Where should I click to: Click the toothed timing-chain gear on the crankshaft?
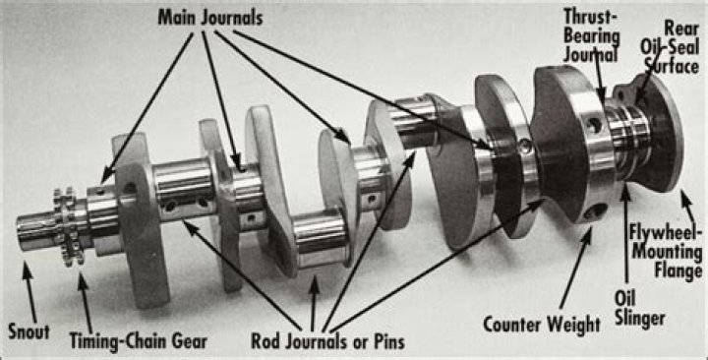(x=67, y=226)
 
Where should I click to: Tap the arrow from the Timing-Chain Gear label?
(x=83, y=295)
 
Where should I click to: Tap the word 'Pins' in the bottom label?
(x=384, y=341)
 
